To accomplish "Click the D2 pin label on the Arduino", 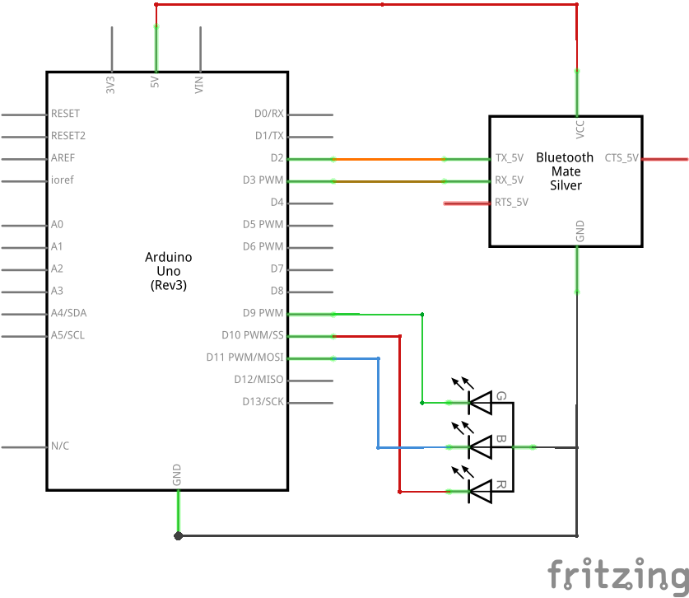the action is (x=277, y=158).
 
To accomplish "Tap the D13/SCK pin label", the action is (x=263, y=401).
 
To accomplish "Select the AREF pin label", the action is (x=63, y=158).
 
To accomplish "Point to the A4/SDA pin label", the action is (x=69, y=313).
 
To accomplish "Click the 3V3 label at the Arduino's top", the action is (x=110, y=85).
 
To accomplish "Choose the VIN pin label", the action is (x=199, y=85).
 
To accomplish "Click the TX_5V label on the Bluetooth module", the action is (x=510, y=158).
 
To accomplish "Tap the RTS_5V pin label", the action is (x=511, y=203).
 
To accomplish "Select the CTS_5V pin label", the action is (x=621, y=158).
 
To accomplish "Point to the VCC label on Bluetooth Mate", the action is (x=580, y=129).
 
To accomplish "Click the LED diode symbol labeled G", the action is (x=480, y=403).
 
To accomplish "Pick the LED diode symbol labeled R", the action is (x=480, y=492).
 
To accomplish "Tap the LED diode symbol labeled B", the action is (x=480, y=447).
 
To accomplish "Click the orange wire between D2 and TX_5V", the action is (x=389, y=159).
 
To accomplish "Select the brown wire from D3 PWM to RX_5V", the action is (x=389, y=181).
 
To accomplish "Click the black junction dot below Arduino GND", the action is (x=178, y=536).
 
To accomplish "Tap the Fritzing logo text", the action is (x=618, y=575).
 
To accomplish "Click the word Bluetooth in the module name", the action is (x=565, y=157).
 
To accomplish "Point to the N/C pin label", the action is (x=60, y=446).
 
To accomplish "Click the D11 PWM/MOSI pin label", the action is (x=244, y=357).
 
